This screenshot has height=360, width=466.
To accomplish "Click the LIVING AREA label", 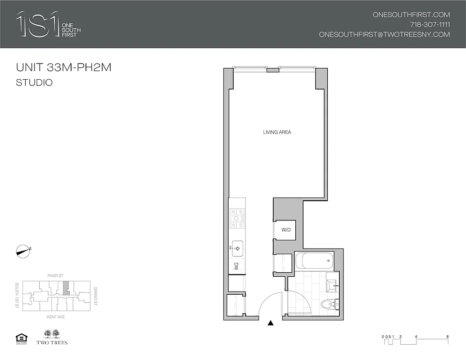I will coord(277,132).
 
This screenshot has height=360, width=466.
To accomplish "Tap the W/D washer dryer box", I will coord(285,230).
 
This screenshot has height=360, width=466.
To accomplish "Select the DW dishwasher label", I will coord(236,266).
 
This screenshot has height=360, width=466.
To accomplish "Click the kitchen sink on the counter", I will coord(237,247).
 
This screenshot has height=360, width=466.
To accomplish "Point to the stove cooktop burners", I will coord(237,218).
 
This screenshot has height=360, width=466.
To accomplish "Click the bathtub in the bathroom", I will coord(314,260).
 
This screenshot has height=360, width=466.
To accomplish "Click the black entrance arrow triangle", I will coord(271,323).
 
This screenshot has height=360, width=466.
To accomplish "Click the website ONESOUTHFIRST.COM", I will coord(411,14).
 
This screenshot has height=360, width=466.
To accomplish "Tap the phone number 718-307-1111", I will coord(430,24).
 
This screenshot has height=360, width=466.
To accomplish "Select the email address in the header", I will coord(384,34).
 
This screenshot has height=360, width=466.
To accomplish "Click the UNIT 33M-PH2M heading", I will coord(63,68).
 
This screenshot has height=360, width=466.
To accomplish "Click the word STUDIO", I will coord(34,83).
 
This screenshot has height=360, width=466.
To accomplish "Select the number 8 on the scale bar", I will coord(447,337).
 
